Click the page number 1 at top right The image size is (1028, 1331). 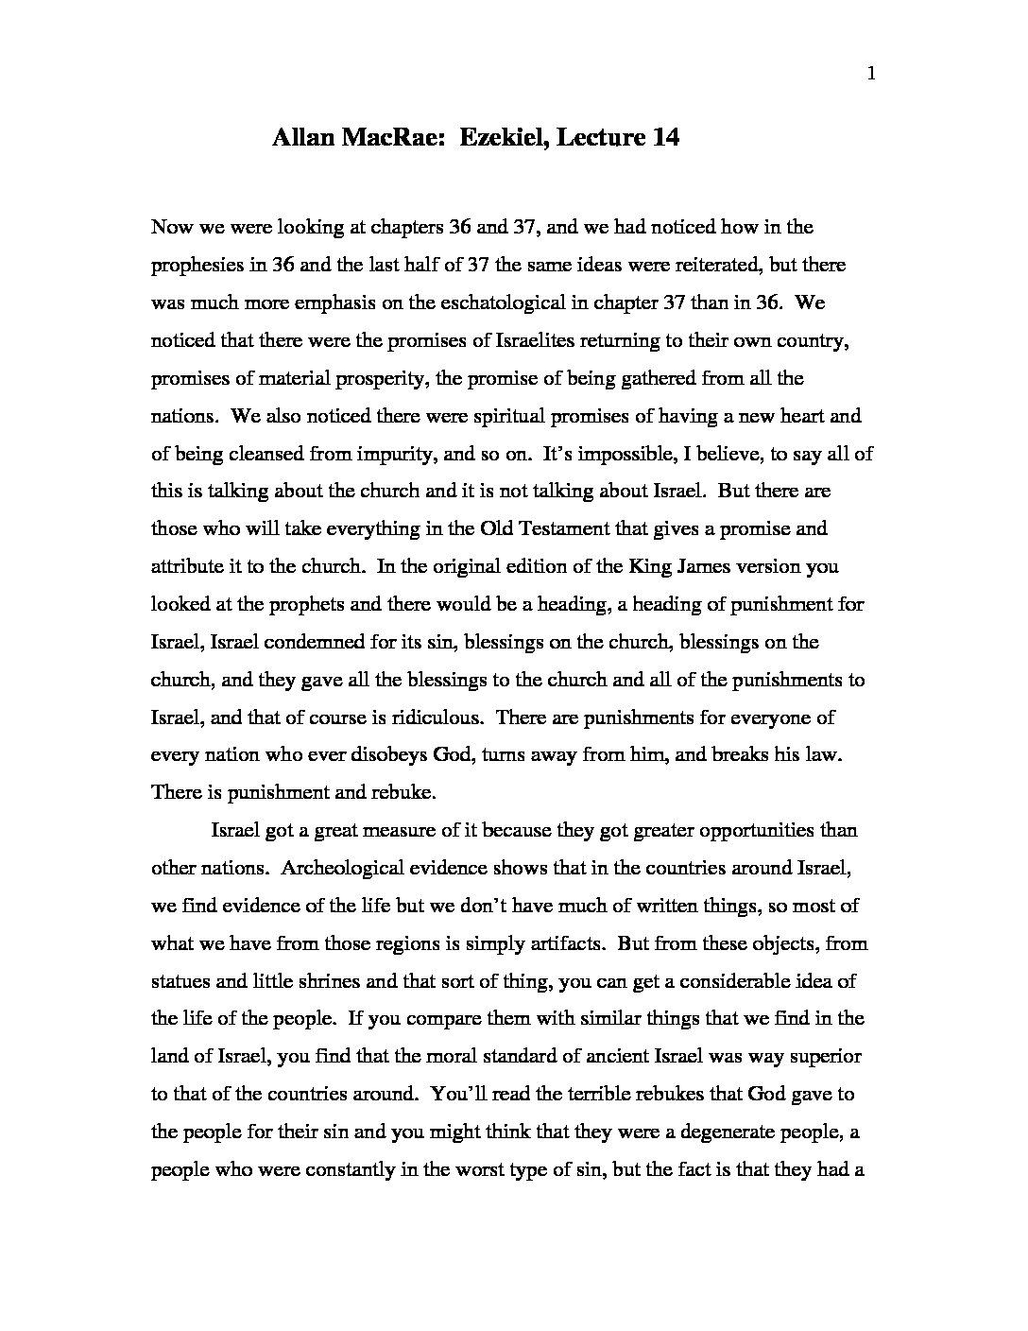click(x=870, y=77)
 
